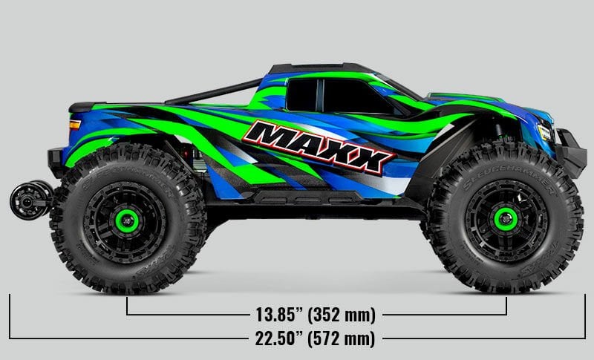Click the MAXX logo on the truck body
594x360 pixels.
click(x=319, y=146)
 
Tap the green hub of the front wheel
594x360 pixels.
click(x=505, y=217)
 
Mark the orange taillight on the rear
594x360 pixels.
click(x=74, y=125)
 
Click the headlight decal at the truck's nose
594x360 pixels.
click(x=544, y=132)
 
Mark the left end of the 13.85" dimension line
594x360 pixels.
click(x=128, y=306)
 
